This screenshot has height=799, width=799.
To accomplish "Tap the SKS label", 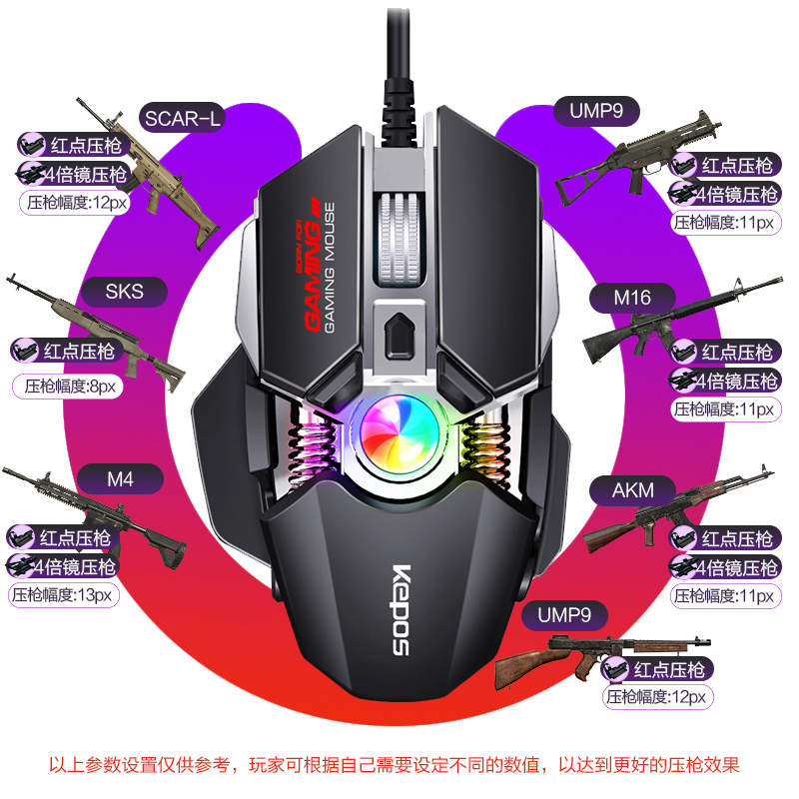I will click(125, 292).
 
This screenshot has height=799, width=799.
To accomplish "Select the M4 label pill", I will click(120, 479).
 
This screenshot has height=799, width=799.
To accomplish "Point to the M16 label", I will click(632, 298).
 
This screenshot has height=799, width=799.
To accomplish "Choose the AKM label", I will click(634, 490).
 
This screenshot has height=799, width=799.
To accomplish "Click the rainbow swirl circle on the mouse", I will click(398, 437).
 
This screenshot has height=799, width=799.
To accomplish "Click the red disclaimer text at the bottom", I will click(399, 766).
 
